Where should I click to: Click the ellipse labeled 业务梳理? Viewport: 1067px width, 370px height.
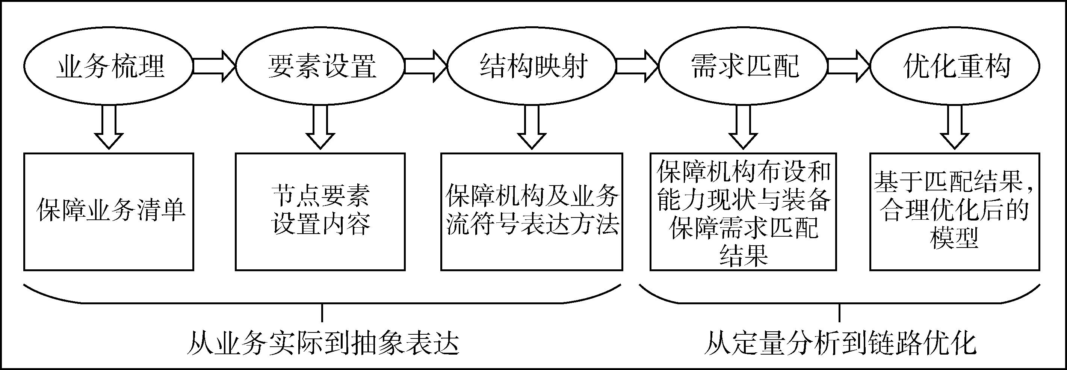pos(109,66)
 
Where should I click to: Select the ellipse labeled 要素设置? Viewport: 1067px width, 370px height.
pos(320,66)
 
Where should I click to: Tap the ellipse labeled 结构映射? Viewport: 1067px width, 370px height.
pos(532,66)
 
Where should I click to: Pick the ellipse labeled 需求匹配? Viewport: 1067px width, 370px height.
pos(744,66)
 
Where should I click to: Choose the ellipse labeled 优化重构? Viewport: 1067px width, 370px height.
pos(955,66)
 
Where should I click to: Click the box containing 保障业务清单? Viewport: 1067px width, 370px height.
pos(109,212)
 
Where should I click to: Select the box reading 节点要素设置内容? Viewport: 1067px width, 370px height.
pos(320,212)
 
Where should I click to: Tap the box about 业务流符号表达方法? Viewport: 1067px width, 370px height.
pos(532,212)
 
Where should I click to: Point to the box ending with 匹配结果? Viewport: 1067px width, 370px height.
pos(744,212)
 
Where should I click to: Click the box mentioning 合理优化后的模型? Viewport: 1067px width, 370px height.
pos(955,212)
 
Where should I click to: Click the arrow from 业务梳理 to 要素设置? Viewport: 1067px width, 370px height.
pos(214,66)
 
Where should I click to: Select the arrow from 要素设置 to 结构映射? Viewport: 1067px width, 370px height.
pos(425,66)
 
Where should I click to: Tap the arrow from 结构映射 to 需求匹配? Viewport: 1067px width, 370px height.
pos(637,66)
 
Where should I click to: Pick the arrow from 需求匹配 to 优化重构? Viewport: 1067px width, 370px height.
pos(849,66)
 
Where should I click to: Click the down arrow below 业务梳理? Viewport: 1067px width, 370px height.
pos(109,126)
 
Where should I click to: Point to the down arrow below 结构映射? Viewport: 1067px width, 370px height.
pos(532,126)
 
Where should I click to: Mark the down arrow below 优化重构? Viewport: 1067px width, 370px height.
pos(955,126)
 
